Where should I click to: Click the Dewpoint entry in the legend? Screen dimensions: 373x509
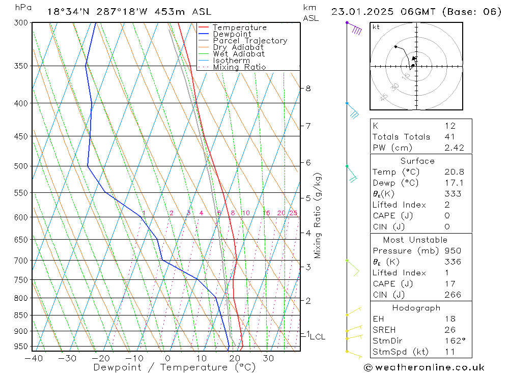click(232, 34)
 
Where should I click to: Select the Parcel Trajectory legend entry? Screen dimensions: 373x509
click(249, 41)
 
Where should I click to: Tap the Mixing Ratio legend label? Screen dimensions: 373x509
click(239, 67)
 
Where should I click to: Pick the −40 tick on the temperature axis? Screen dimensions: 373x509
click(33, 358)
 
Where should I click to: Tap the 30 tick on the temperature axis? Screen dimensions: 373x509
click(269, 358)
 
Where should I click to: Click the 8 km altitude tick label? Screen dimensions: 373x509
click(308, 88)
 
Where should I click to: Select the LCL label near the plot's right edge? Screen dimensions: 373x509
click(317, 337)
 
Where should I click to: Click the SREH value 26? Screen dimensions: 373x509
click(449, 330)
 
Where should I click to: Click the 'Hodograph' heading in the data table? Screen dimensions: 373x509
click(417, 308)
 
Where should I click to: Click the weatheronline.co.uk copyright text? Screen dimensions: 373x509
click(424, 367)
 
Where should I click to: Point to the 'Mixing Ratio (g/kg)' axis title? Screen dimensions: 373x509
click(318, 216)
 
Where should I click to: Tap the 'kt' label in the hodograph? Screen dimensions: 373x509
click(376, 27)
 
